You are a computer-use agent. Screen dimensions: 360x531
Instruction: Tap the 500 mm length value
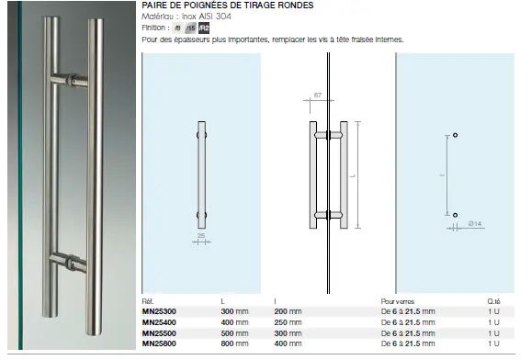[x=235, y=332]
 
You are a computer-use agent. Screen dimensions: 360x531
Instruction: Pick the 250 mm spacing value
[x=288, y=322]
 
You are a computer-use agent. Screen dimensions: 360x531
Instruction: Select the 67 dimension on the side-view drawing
[x=317, y=94]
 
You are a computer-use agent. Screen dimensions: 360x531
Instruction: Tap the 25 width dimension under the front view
[x=200, y=234]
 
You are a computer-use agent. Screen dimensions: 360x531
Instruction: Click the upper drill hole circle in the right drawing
[x=454, y=136]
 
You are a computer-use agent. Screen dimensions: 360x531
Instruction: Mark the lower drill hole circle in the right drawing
[x=454, y=214]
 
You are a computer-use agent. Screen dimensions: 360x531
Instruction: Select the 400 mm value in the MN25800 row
[x=288, y=343]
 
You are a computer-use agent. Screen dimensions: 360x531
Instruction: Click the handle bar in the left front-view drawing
[x=201, y=174]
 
